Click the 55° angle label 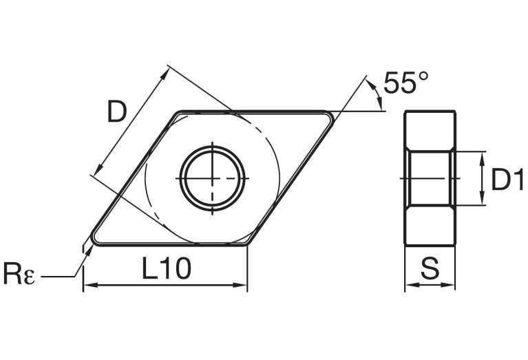coord(405,83)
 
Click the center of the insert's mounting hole coord(213,177)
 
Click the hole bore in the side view coord(430,178)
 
